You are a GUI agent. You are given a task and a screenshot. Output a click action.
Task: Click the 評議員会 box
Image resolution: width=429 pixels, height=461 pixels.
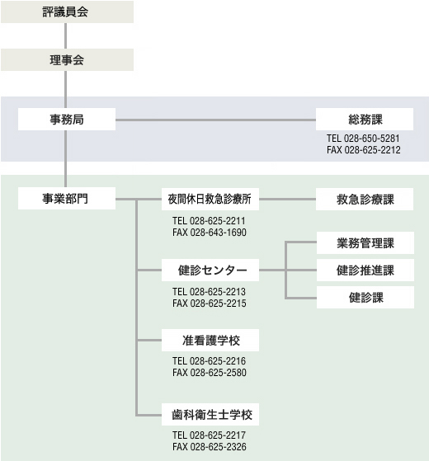click(x=67, y=12)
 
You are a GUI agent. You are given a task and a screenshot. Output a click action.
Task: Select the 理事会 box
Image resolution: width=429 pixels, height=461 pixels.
click(x=67, y=60)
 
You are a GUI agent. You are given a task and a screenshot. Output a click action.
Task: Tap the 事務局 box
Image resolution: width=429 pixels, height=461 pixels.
click(x=67, y=120)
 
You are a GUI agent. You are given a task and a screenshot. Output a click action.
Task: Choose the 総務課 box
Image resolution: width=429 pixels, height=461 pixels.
click(x=365, y=120)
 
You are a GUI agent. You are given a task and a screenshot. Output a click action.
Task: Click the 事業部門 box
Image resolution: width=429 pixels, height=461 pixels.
click(x=67, y=199)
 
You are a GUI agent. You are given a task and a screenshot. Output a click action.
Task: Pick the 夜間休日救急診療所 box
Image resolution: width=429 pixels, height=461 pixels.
click(x=210, y=199)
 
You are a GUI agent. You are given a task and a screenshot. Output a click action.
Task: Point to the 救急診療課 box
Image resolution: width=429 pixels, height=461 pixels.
click(x=365, y=199)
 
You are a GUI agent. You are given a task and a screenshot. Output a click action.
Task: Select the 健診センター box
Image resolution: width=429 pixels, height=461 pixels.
click(x=210, y=270)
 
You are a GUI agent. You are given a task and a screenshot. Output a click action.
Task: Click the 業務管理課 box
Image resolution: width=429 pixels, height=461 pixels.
click(x=365, y=242)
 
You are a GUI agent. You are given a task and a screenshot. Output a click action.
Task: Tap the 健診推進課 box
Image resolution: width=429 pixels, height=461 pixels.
click(x=365, y=270)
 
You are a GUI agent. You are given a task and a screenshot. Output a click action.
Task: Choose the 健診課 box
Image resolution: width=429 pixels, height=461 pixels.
click(x=365, y=297)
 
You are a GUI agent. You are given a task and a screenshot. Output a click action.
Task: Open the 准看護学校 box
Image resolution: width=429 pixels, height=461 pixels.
click(x=210, y=340)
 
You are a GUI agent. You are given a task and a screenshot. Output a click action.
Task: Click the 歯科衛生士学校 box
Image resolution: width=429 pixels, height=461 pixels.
click(x=210, y=414)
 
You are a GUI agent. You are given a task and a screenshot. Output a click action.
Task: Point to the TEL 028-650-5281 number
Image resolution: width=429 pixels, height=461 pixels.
click(x=363, y=139)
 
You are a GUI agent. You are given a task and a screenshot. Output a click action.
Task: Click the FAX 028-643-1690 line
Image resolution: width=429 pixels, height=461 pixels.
click(x=210, y=233)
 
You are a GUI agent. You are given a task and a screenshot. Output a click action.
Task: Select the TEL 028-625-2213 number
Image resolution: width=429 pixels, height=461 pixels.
click(x=209, y=292)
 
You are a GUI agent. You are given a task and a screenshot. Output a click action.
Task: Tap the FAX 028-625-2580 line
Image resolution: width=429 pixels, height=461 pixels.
click(x=210, y=373)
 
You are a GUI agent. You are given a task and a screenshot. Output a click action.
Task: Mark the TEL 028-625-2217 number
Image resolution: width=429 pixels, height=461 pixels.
click(x=209, y=435)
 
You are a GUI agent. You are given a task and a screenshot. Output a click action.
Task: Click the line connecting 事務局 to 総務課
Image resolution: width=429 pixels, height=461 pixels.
click(x=216, y=120)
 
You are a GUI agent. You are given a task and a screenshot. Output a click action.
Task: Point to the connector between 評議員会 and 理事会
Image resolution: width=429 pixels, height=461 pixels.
click(x=65, y=35)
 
